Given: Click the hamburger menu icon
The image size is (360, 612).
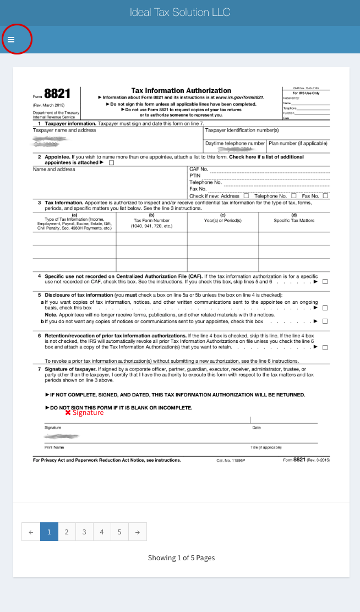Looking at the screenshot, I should click(x=11, y=40).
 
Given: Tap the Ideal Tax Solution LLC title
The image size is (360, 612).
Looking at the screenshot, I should click(x=180, y=12).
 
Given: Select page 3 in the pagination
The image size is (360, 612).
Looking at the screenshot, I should click(x=84, y=532).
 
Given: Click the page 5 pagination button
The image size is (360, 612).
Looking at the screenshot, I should click(x=119, y=532).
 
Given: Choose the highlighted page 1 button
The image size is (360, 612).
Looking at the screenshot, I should click(x=49, y=532).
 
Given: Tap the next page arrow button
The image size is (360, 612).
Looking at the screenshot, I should click(x=138, y=532).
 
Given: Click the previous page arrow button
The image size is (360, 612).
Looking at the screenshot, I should click(x=31, y=532).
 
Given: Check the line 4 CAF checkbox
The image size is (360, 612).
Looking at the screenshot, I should click(x=325, y=282).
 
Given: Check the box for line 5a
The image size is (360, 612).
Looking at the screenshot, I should click(x=325, y=308).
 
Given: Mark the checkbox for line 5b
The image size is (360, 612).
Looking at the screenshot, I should click(x=325, y=321).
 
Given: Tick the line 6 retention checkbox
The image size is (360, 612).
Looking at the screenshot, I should click(x=325, y=347).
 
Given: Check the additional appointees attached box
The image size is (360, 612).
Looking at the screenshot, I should click(x=112, y=163).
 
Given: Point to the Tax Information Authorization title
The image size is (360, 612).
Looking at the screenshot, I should click(x=181, y=90).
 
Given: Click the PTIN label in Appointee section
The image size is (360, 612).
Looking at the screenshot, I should click(x=194, y=176).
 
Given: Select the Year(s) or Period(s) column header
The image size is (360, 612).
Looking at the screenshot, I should click(x=222, y=220).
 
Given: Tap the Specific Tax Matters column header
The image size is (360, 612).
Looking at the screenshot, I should click(x=294, y=220).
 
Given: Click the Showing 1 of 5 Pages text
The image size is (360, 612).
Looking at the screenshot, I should click(x=181, y=558).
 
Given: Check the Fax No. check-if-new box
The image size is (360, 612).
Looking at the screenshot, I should click(x=325, y=195).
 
